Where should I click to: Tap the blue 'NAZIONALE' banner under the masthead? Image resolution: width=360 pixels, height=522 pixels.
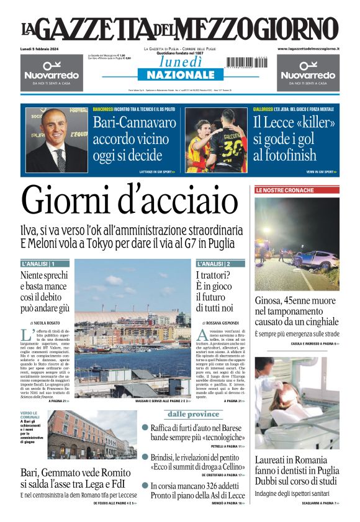point(180,75)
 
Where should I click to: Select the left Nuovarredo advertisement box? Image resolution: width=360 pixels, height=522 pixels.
point(52,73)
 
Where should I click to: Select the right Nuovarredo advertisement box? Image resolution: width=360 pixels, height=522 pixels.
point(308,73)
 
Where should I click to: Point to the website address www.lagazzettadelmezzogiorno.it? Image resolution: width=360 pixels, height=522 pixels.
point(308,48)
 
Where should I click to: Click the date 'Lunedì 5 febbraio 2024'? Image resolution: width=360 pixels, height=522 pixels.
point(42,48)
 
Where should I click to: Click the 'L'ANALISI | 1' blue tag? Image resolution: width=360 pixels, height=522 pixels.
point(38,264)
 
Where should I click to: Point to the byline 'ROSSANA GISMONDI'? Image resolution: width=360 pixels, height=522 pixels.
point(223,323)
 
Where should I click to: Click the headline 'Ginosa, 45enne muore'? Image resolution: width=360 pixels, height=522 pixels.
point(297,302)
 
